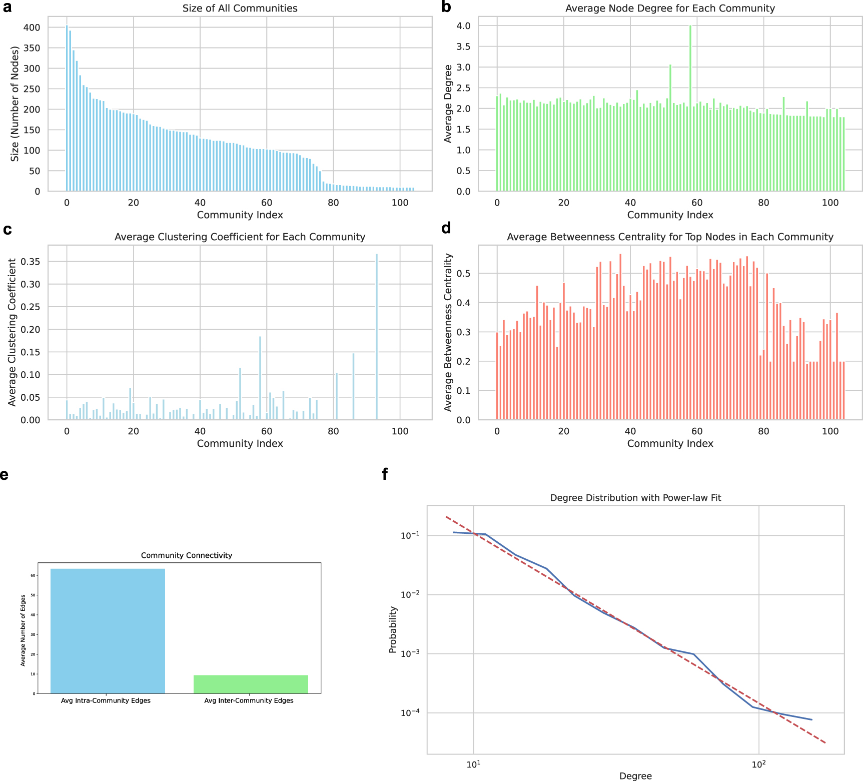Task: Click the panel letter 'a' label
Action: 7,8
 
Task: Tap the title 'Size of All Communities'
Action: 240,9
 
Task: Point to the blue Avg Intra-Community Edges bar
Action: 108,631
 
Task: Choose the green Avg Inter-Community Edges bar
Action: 251,684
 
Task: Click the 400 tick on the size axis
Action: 32,28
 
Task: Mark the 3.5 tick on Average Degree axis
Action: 463,47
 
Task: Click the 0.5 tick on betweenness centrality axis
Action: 464,274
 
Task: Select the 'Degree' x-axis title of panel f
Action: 635,776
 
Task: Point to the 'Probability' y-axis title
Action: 393,629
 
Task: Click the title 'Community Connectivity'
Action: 186,555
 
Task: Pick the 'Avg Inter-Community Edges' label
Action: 249,700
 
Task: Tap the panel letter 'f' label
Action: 385,474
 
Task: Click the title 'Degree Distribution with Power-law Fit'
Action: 635,498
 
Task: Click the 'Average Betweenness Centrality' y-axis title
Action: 448,332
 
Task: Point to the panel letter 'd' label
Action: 446,228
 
